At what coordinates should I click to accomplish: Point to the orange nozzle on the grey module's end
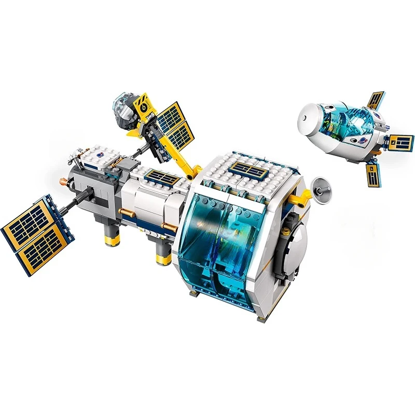(x=63, y=182)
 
